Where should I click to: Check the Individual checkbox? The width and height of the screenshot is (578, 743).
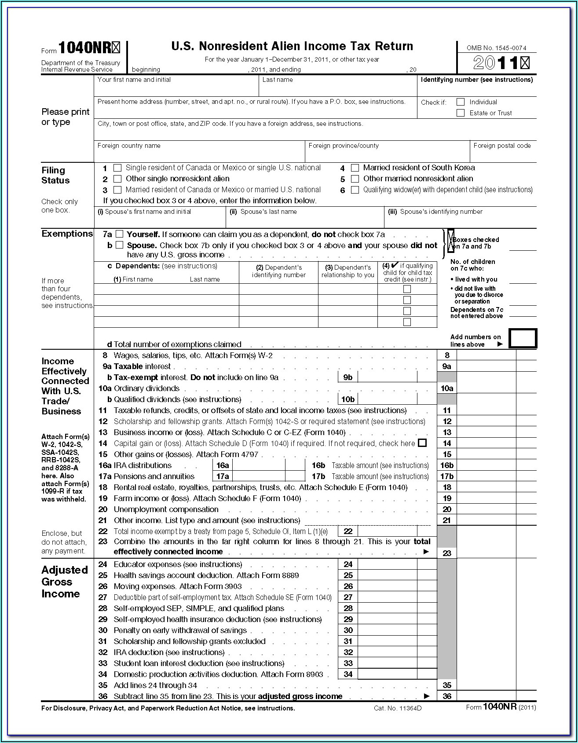coord(461,102)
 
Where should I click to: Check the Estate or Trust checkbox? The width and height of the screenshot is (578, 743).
coord(461,113)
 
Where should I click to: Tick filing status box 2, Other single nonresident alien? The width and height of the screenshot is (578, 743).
coord(117,179)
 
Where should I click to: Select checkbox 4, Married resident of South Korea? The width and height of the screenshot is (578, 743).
coord(355,168)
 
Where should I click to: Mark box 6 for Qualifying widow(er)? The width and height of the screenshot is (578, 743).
coord(355,190)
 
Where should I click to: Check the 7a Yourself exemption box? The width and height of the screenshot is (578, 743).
coord(119,234)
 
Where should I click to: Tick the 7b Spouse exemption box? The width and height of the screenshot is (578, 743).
coord(119,245)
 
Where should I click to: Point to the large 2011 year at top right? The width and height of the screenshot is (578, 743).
coord(501,63)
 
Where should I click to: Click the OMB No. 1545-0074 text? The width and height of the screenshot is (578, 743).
coord(497,48)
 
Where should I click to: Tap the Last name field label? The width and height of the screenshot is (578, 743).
coord(278,80)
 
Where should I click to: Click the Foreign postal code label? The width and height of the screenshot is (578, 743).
coord(502,146)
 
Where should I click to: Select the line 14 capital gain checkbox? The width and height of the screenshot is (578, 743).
coord(422,443)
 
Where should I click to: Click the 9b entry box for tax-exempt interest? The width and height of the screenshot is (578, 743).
coord(387,377)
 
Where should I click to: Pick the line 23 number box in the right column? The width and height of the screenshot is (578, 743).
coord(447,553)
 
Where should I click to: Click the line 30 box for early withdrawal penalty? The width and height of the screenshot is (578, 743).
coord(387,630)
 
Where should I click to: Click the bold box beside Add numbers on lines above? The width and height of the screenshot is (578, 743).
coord(523,338)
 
